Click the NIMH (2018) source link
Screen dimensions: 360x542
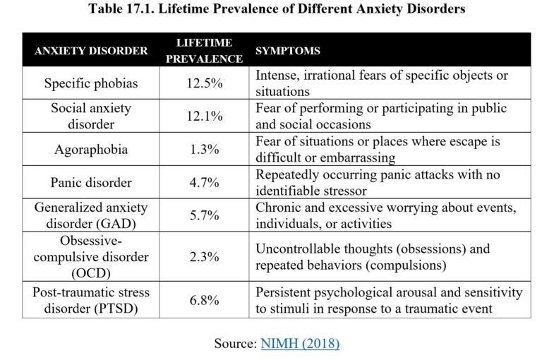click(300, 344)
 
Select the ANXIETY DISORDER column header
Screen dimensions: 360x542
click(92, 51)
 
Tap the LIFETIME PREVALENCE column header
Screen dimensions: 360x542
click(204, 51)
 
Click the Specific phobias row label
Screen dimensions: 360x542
click(92, 83)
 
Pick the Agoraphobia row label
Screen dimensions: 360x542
click(92, 150)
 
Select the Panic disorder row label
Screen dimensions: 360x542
click(92, 183)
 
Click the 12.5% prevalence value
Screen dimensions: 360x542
click(204, 83)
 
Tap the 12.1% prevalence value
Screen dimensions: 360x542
click(204, 116)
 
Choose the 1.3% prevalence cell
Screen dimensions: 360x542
click(204, 150)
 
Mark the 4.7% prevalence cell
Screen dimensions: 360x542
click(204, 183)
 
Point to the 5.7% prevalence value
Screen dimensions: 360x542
click(204, 216)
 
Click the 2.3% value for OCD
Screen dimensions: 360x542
click(204, 258)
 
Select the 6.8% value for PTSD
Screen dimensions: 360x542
click(204, 300)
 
